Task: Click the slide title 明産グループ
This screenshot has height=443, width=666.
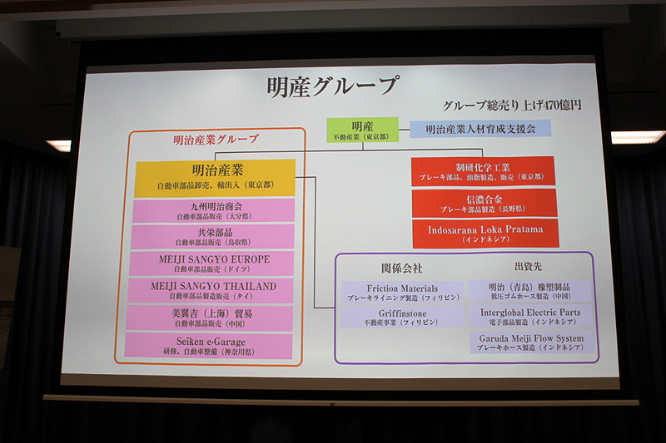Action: click(x=332, y=87)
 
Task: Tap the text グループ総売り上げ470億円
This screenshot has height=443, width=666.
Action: click(x=511, y=106)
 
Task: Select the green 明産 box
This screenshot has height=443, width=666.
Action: click(x=362, y=130)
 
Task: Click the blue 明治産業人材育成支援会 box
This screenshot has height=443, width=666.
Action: click(x=481, y=129)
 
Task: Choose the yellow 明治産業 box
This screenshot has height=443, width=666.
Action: click(x=215, y=177)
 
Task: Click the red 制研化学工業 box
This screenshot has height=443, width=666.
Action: click(x=483, y=171)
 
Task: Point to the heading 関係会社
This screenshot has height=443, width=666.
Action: click(x=401, y=268)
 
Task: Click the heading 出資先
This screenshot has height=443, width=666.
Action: click(x=526, y=267)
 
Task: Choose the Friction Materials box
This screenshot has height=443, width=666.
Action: click(x=403, y=292)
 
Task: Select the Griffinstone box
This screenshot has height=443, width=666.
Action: click(x=403, y=317)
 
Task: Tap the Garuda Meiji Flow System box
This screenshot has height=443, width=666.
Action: click(x=531, y=342)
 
